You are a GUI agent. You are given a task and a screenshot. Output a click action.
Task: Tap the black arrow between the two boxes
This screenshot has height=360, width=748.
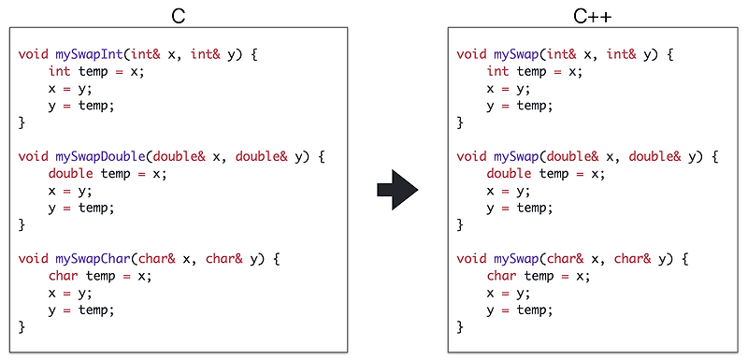tap(396, 190)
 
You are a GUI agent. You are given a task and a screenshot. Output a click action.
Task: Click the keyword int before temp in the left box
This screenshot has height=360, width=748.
tap(59, 72)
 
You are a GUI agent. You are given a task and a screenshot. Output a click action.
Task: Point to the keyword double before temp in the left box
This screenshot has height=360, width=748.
tap(70, 174)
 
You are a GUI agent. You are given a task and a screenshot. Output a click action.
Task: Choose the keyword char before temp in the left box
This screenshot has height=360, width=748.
tap(63, 276)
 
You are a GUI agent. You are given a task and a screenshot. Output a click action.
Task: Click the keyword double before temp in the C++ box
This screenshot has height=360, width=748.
tap(509, 174)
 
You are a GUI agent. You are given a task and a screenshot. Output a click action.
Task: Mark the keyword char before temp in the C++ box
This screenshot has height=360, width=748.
tap(501, 276)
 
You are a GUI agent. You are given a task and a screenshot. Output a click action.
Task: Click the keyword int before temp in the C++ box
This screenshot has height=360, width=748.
tap(497, 72)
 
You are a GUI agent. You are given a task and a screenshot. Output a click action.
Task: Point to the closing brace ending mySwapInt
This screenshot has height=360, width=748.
tap(22, 122)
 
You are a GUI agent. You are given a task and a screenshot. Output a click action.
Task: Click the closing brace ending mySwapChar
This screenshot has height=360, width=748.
tap(22, 326)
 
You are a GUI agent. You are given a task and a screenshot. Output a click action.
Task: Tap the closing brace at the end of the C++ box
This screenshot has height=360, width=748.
tap(460, 326)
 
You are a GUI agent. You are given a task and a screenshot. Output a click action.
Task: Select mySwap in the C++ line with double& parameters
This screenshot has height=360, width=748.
tap(516, 156)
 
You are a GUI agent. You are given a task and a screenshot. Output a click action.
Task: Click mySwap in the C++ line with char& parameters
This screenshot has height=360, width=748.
tap(516, 258)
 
